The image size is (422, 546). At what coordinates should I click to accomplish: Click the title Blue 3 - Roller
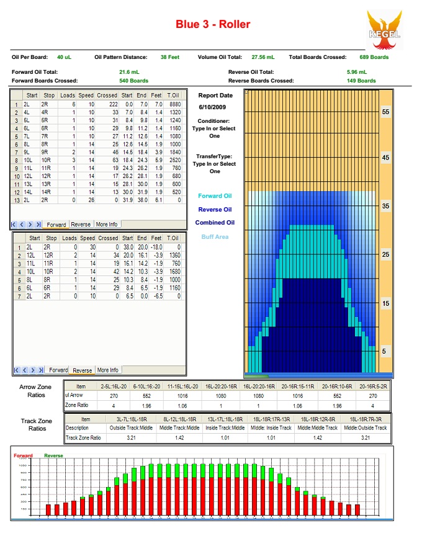tap(213, 25)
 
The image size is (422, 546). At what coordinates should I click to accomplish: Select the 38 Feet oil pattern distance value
tap(169, 57)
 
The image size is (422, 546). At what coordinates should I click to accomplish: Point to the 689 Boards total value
tap(374, 57)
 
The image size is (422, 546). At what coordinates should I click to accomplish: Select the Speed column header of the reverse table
tap(87, 238)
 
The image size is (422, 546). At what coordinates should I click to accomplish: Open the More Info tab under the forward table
tap(106, 224)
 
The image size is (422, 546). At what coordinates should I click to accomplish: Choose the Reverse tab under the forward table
tap(81, 224)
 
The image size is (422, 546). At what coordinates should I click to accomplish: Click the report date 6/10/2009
tap(214, 107)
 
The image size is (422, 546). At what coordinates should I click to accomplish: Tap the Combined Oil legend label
tap(214, 223)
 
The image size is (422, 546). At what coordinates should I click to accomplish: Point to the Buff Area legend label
tap(214, 237)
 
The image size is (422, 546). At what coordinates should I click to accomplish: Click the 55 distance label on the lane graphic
tap(385, 112)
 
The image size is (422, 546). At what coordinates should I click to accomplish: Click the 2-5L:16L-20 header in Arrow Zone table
tap(114, 386)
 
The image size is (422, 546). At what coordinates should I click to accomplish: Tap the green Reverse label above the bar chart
tap(53, 455)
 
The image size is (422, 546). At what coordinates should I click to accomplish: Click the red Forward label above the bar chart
tap(23, 455)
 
